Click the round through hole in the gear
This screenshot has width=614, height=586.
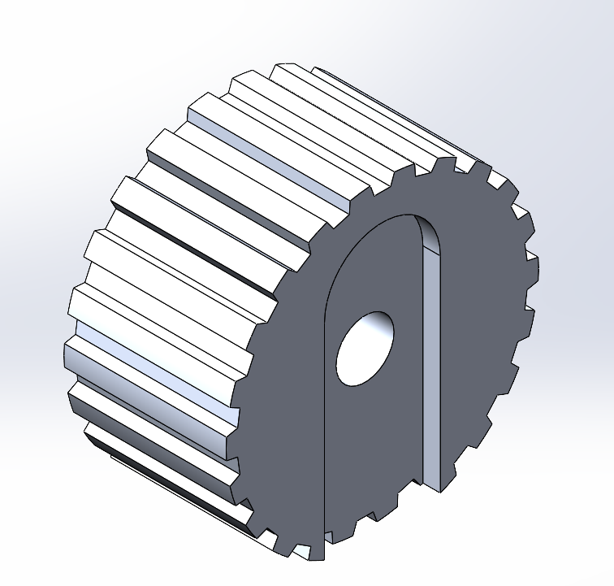[x=365, y=348]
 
